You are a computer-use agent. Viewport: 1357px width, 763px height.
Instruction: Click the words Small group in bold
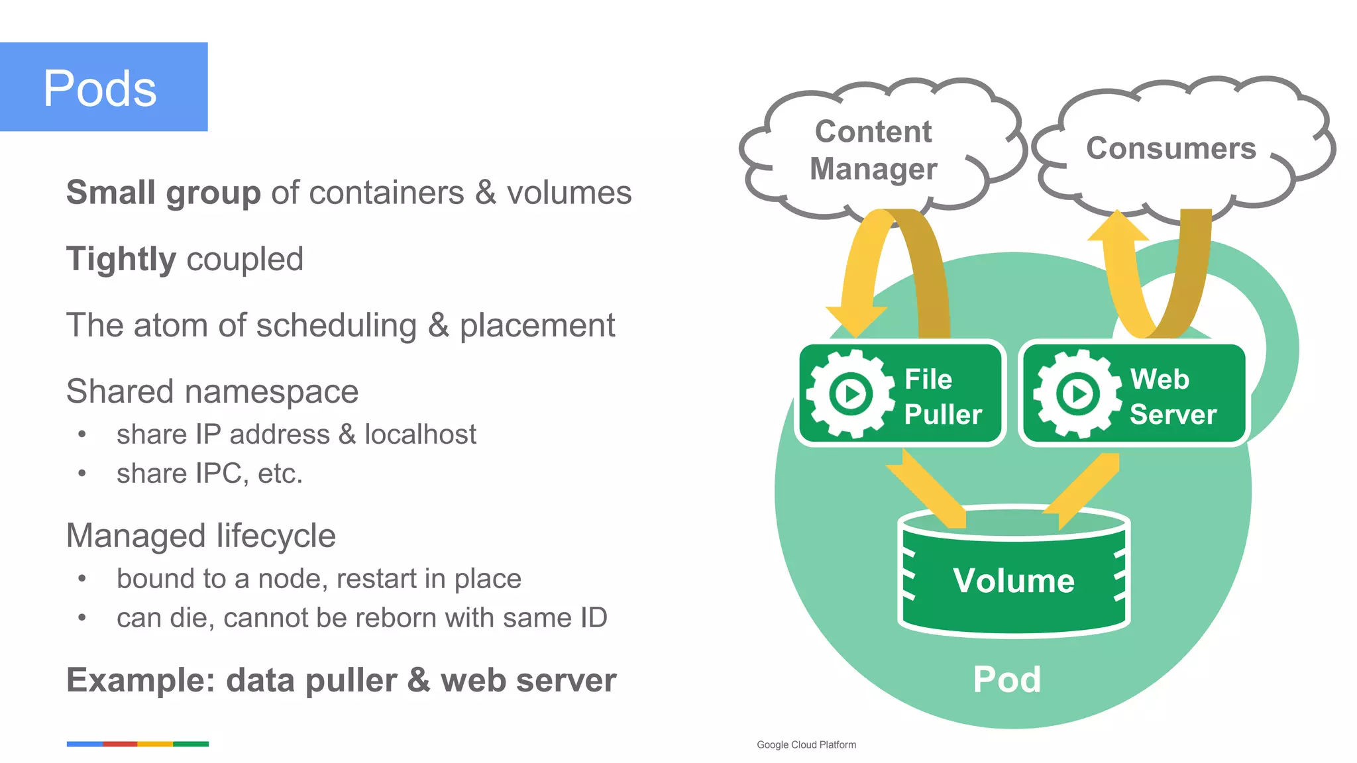[x=163, y=193]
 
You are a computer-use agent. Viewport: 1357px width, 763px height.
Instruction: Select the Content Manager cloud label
[x=873, y=150]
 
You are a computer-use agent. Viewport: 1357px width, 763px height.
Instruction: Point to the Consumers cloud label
[x=1171, y=148]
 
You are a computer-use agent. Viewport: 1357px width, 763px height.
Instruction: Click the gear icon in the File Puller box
[x=851, y=393]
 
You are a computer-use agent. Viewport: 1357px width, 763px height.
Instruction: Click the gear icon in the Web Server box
[x=1077, y=393]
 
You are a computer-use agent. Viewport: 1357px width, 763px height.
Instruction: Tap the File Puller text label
[x=942, y=396]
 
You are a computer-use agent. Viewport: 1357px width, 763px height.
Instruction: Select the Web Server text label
[x=1172, y=396]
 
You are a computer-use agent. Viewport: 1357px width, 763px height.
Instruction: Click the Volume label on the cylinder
[x=1013, y=580]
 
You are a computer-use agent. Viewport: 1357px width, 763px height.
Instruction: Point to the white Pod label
[x=1006, y=679]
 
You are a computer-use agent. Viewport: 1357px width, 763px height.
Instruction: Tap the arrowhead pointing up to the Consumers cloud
[x=1118, y=227]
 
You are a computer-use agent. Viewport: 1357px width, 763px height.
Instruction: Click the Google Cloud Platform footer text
[x=806, y=744]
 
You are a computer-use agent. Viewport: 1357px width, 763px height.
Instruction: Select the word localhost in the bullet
[x=420, y=434]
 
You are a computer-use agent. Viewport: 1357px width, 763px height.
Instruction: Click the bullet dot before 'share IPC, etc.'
[x=82, y=474]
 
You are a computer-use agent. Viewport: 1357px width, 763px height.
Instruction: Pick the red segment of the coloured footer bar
[x=120, y=744]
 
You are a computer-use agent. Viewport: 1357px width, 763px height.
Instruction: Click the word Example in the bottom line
[x=140, y=680]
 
